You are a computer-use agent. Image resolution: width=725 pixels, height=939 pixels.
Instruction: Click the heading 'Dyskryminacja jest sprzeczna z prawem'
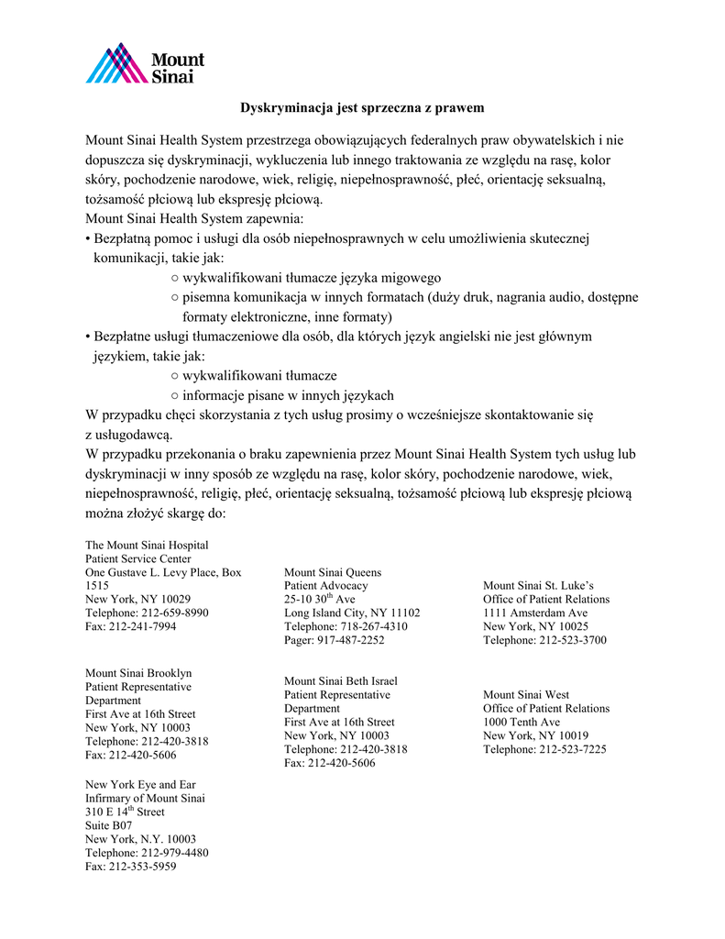pos(362,108)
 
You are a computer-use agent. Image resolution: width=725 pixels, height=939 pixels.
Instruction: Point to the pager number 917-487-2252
pos(352,640)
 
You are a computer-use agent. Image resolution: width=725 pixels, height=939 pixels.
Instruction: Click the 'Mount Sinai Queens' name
pos(333,572)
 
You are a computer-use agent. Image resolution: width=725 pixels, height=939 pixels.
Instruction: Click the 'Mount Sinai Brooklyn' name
pos(138,673)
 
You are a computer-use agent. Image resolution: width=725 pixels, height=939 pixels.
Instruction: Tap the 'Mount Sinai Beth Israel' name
pos(341,681)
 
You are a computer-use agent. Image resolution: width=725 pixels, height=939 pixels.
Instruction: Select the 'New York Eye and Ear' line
pos(140,785)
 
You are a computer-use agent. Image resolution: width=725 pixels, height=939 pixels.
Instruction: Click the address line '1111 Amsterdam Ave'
pos(535,613)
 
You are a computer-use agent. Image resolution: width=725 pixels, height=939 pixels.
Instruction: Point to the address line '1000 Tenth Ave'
pos(522,722)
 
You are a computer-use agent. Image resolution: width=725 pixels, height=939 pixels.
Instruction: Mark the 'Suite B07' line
pos(109,825)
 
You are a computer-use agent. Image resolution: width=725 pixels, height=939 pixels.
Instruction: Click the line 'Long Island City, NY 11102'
pos(352,613)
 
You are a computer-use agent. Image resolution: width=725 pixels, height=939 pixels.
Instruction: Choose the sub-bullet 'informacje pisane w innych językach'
pos(288,396)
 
